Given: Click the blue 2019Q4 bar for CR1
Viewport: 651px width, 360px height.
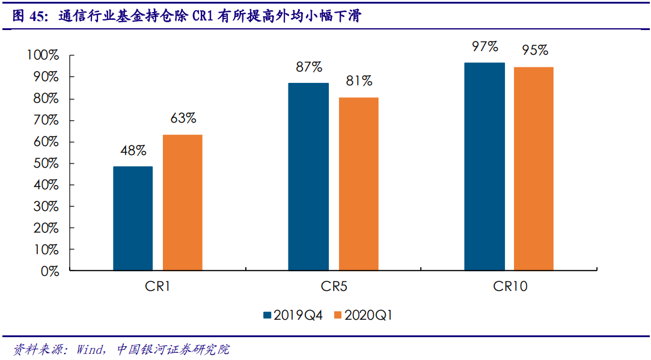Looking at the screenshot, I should [133, 218].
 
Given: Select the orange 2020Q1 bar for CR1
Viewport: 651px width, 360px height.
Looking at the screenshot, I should [182, 203].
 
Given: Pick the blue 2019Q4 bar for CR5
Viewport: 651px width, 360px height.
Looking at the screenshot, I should [308, 177].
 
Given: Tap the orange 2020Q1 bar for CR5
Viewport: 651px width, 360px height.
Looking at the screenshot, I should [358, 184].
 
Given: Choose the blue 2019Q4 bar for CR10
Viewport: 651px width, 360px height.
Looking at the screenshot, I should [484, 166].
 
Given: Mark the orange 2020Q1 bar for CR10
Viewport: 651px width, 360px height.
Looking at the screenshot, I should [534, 169].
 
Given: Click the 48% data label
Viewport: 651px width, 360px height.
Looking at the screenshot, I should [133, 151].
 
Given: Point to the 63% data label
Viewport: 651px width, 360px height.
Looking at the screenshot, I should [183, 118].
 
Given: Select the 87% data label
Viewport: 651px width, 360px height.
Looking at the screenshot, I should [309, 67].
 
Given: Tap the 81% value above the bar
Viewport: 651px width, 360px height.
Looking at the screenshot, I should [359, 81].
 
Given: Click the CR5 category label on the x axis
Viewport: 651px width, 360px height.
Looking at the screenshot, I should [333, 287].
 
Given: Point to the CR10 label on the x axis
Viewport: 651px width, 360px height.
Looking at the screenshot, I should [510, 287].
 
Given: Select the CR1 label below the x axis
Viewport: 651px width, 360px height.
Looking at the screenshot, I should [157, 287].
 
